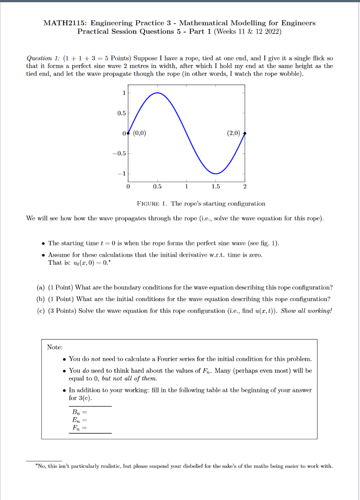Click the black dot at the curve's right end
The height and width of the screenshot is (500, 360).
245,133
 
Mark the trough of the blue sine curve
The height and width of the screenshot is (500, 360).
216,173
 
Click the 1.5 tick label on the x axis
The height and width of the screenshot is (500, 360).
215,186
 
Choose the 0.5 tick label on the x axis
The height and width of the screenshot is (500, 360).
157,186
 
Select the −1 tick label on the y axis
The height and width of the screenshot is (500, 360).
121,173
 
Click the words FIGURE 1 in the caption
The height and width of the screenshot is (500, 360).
152,203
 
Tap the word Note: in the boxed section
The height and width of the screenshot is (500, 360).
55,347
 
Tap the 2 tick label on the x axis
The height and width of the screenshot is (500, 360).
244,186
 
